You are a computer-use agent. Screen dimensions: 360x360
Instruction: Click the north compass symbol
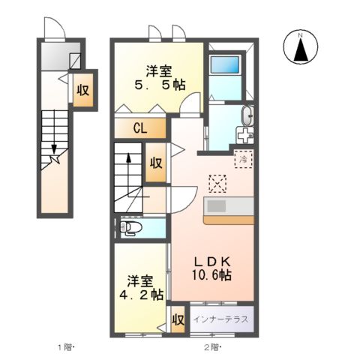pyautogui.click(x=300, y=49)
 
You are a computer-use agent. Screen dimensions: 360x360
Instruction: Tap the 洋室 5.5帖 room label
pyautogui.click(x=158, y=78)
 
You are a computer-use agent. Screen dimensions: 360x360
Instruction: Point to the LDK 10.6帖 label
pyautogui.click(x=213, y=268)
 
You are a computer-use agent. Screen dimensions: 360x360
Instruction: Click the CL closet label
pyautogui.click(x=140, y=127)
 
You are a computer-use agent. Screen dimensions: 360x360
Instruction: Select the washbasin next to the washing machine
pyautogui.click(x=247, y=116)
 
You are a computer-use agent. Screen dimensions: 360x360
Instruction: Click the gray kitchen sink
pyautogui.click(x=217, y=206)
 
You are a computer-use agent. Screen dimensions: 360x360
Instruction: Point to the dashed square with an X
pyautogui.click(x=217, y=182)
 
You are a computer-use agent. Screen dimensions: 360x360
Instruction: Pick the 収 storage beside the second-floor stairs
pyautogui.click(x=156, y=162)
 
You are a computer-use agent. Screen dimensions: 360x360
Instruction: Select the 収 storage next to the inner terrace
pyautogui.click(x=178, y=319)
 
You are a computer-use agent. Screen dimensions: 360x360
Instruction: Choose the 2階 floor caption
pyautogui.click(x=213, y=347)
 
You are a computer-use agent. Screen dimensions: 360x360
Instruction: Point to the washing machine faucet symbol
pyautogui.click(x=244, y=136)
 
